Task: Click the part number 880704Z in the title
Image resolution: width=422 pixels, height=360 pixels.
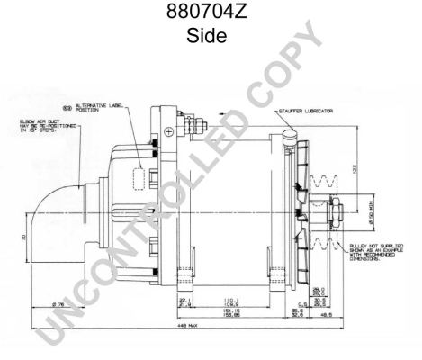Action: (x=211, y=14)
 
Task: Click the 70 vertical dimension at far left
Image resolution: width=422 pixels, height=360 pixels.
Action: (x=22, y=238)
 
